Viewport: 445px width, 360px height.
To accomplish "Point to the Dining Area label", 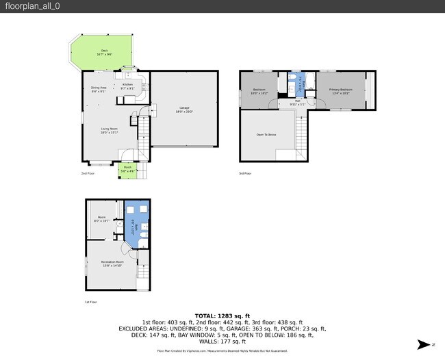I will coord(99,89).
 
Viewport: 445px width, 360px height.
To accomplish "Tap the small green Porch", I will coord(127,170).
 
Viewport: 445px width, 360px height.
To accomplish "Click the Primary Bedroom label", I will coord(340,91).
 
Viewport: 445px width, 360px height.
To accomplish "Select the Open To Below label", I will coord(266,135).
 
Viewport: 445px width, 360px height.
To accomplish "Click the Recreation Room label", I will coord(112,263).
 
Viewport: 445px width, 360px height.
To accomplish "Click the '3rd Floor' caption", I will coord(244,174).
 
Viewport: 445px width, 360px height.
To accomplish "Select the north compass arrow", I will coord(424,344).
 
